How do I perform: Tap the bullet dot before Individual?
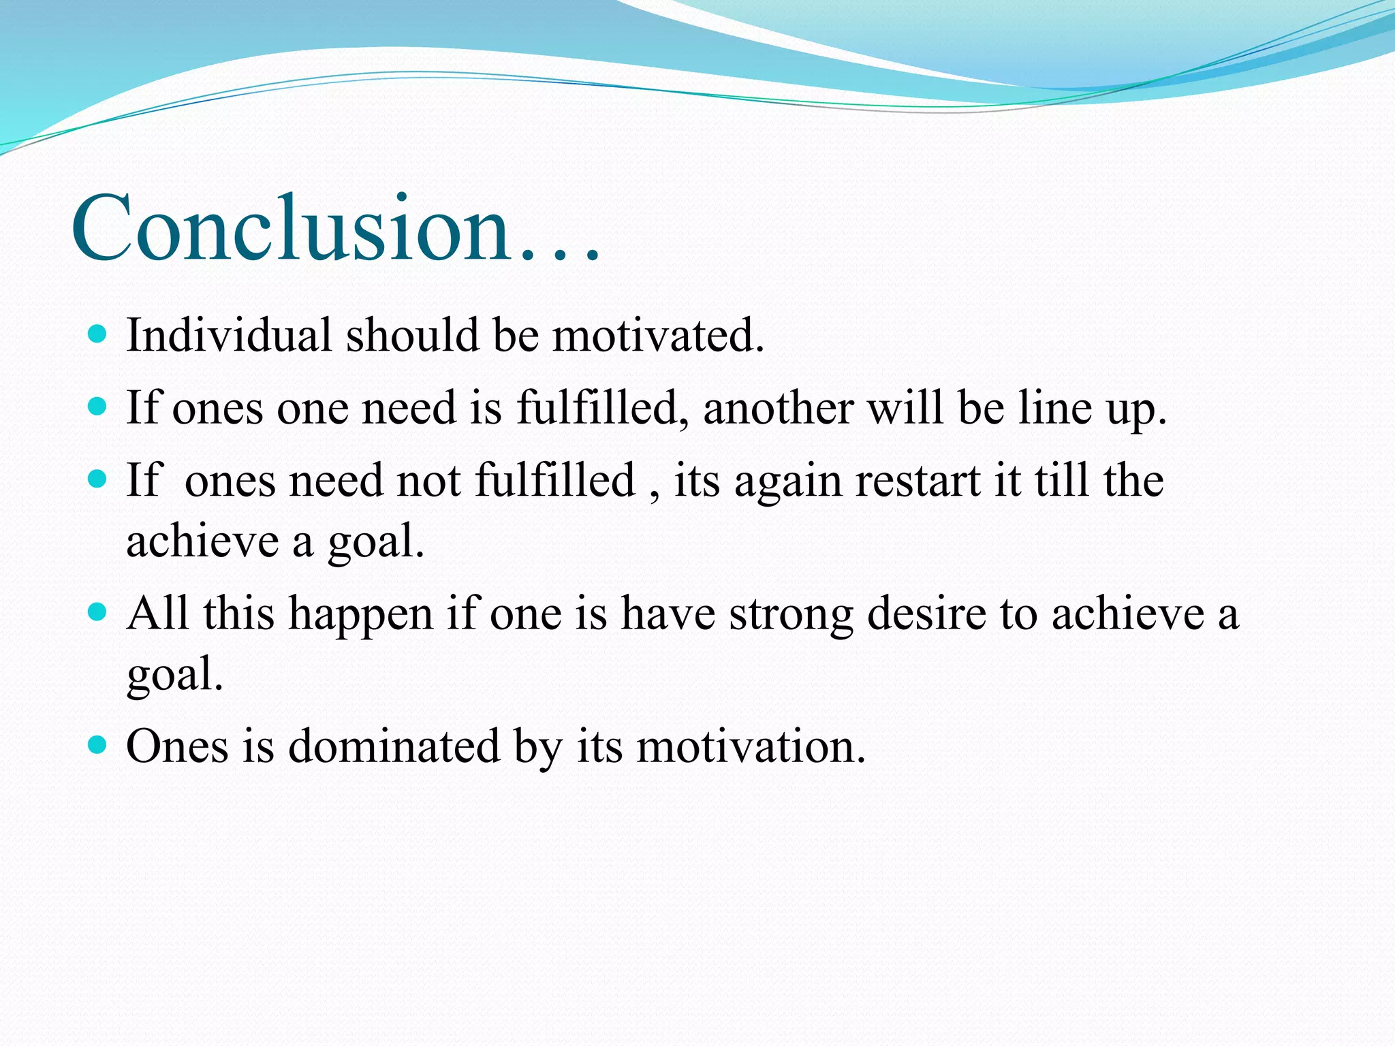[98, 334]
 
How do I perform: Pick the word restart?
[918, 480]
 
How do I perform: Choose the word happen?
[361, 614]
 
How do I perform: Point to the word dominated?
[395, 746]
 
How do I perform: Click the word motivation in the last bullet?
[751, 746]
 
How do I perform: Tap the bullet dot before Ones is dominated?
[98, 744]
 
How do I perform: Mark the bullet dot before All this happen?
[98, 612]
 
